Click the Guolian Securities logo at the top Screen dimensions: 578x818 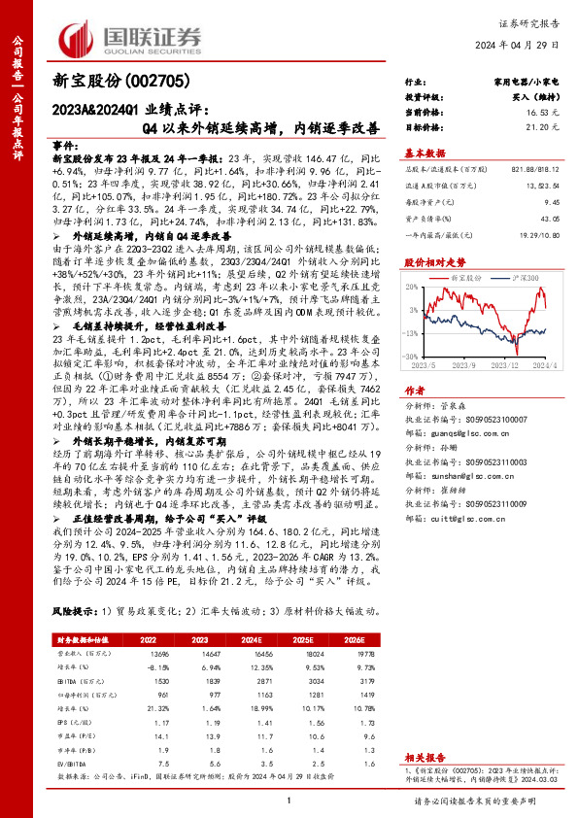132,37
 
